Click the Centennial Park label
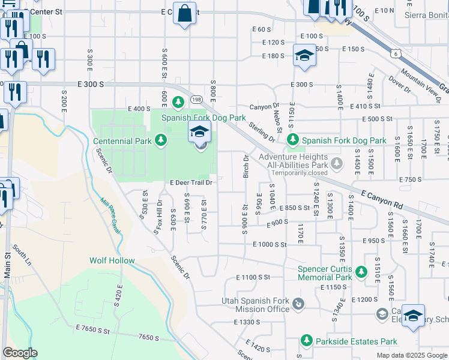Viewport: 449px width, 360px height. pyautogui.click(x=122, y=142)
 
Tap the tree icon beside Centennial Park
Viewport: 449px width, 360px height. pyautogui.click(x=160, y=140)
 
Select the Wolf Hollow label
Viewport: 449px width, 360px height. pyautogui.click(x=112, y=260)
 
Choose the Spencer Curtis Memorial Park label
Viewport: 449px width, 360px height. pyautogui.click(x=325, y=274)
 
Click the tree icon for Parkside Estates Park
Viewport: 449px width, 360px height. pyautogui.click(x=306, y=341)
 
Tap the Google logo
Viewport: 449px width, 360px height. pyautogui.click(x=20, y=353)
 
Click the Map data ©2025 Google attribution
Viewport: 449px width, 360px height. pyautogui.click(x=411, y=355)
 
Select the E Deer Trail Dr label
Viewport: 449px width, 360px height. pyautogui.click(x=191, y=182)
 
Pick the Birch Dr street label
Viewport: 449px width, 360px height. pyautogui.click(x=246, y=166)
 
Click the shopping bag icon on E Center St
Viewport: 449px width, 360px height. pyautogui.click(x=184, y=12)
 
